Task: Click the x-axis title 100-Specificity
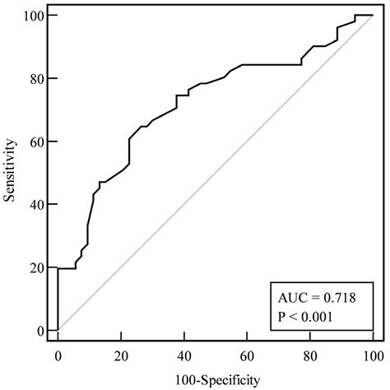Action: point(216,379)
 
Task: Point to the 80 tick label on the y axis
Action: point(36,79)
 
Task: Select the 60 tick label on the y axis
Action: point(36,142)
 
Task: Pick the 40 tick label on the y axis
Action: point(36,204)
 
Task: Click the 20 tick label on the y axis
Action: point(36,267)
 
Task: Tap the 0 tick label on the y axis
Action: point(39,330)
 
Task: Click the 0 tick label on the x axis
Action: point(58,355)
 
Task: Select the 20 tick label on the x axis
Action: point(121,355)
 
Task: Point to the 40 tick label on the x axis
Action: point(184,355)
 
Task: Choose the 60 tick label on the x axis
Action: point(247,355)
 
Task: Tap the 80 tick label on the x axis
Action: point(310,355)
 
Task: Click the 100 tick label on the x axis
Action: point(373,355)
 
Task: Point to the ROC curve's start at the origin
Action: point(58,330)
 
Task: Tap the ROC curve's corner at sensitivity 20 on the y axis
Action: point(58,268)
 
